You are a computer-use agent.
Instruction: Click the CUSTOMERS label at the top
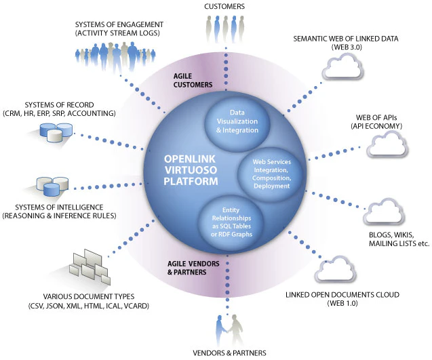pyautogui.click(x=226, y=6)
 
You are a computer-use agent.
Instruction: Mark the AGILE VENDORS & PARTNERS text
pyautogui.click(x=184, y=268)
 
